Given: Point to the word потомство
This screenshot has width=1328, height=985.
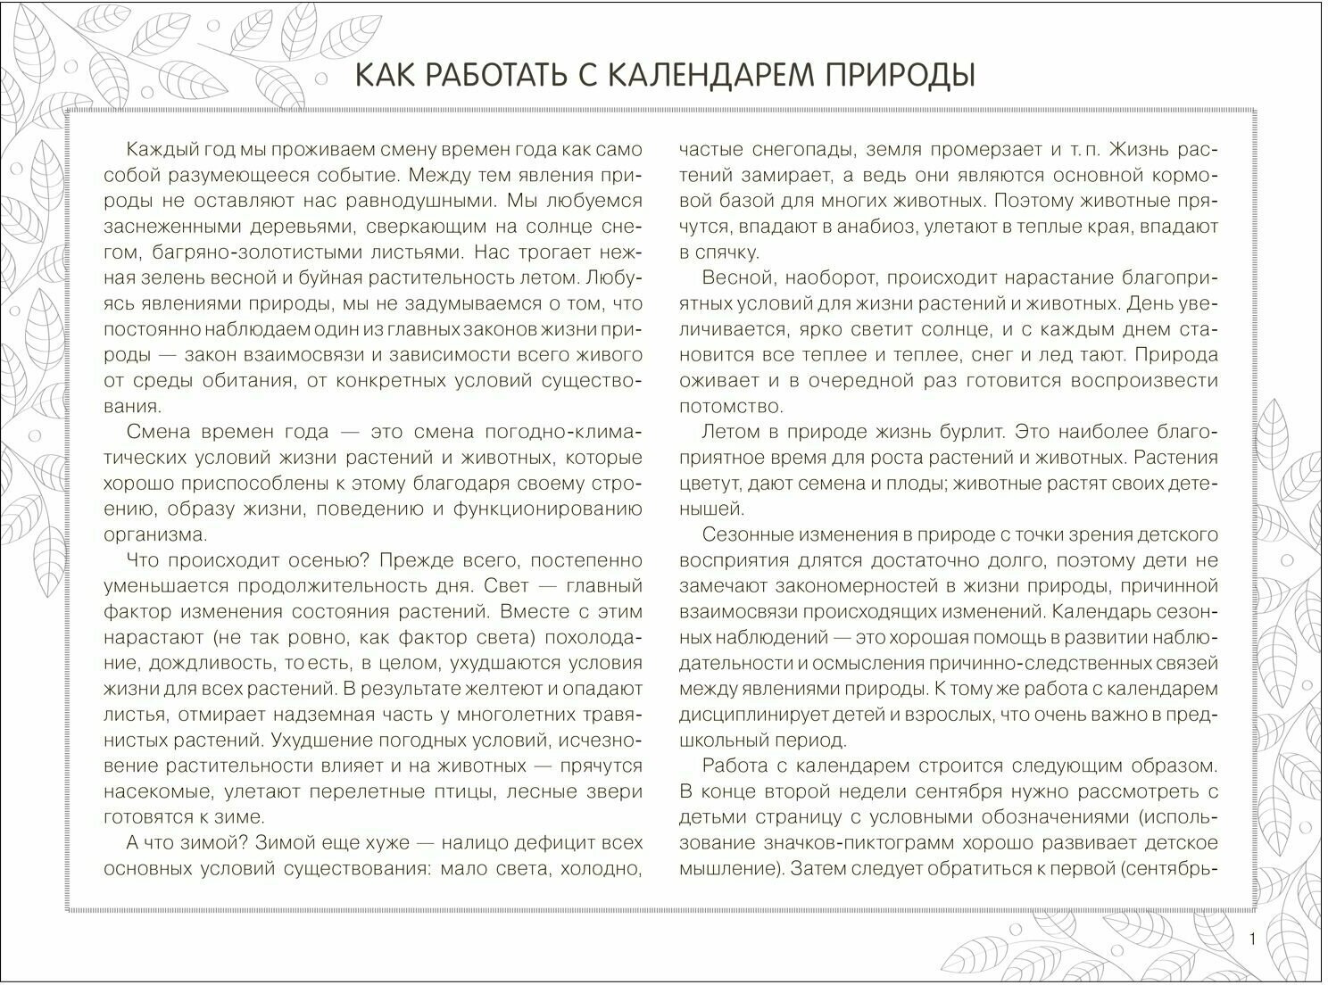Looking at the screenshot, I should click(x=731, y=406).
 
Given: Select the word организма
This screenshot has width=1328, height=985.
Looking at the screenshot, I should click(x=155, y=534).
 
